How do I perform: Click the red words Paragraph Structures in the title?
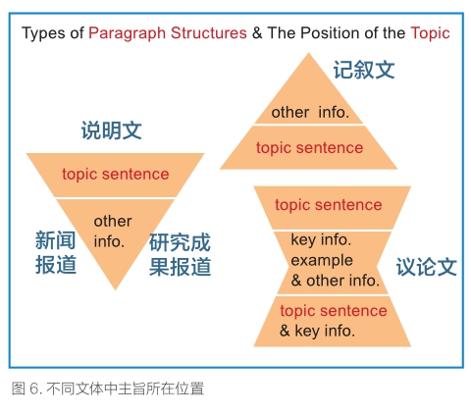coord(168,33)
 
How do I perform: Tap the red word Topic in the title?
coord(430,33)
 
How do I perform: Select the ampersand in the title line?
coord(257,33)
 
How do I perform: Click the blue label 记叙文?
coord(364,70)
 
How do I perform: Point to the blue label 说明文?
coord(112,130)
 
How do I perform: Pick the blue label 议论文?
coord(427,267)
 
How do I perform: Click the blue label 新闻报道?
coord(56,252)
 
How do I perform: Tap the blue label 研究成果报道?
coord(180,255)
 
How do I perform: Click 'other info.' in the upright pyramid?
coord(310,113)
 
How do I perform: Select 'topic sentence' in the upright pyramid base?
coord(309,148)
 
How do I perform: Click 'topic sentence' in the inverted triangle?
coord(116,174)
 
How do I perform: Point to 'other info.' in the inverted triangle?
coord(113,232)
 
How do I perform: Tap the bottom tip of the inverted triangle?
coord(115,289)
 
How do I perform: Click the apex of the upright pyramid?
coord(308,53)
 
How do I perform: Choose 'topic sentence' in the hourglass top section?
coord(329,205)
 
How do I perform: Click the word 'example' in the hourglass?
coord(322,261)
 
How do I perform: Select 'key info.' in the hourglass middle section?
coord(321,239)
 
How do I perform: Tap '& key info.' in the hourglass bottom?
coord(317,331)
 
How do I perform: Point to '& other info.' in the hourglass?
coord(336,281)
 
